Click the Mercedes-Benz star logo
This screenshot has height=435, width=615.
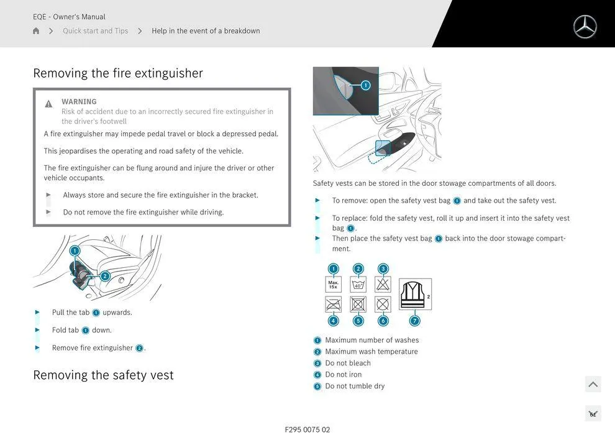click(x=585, y=27)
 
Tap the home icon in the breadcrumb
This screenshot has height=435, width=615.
click(x=36, y=30)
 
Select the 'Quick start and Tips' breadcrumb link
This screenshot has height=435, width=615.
click(x=95, y=30)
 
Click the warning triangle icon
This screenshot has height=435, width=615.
click(x=48, y=104)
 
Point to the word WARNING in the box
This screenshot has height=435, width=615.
click(x=79, y=101)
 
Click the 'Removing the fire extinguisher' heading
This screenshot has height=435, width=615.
click(x=118, y=73)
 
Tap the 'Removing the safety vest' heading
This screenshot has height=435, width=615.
click(x=103, y=375)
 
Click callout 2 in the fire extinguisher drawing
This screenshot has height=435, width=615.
click(x=105, y=276)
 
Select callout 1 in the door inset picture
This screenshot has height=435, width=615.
click(x=365, y=85)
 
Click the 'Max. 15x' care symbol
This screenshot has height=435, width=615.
click(x=334, y=285)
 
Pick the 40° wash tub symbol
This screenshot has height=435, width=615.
click(x=358, y=285)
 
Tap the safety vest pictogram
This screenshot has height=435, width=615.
click(x=415, y=294)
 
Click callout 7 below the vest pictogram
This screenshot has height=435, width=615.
click(x=414, y=321)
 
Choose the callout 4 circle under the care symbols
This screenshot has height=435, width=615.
click(x=334, y=321)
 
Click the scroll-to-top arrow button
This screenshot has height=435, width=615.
click(x=593, y=384)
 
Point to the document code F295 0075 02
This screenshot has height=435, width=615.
click(x=307, y=429)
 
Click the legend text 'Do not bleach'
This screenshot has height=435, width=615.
click(x=348, y=363)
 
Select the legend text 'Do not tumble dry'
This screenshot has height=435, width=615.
click(x=355, y=386)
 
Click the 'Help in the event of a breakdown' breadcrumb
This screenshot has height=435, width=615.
click(x=206, y=30)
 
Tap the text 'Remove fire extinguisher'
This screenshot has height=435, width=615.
click(x=93, y=347)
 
